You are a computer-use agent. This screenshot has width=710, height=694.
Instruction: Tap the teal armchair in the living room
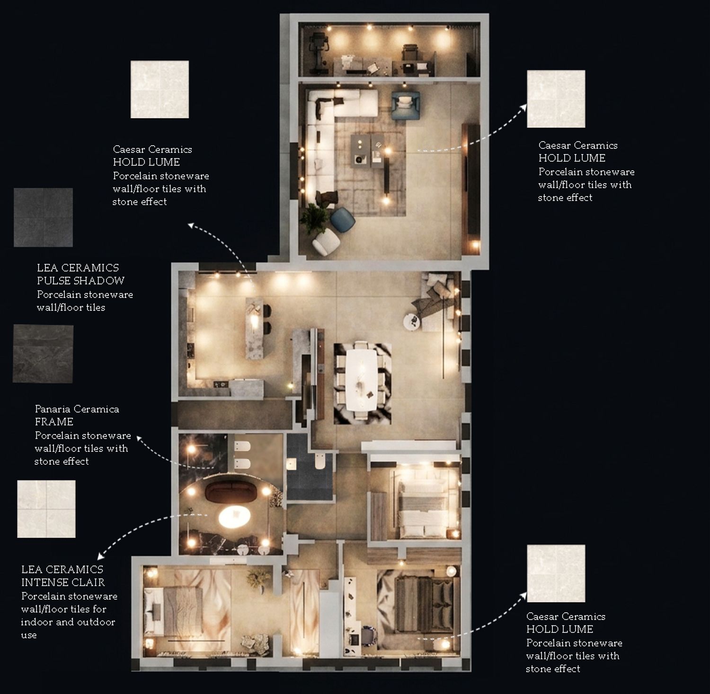pos(406,104)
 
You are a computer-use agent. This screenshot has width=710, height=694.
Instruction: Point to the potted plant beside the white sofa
pos(313,217)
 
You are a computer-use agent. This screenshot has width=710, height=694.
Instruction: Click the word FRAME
pos(54,422)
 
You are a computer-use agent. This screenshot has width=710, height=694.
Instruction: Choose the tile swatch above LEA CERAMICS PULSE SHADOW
pos(43,217)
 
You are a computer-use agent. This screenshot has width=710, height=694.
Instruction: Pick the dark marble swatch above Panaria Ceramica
pos(43,354)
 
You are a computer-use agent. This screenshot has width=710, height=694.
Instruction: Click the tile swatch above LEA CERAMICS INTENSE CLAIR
pos(46,509)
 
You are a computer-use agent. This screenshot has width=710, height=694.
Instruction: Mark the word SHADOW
pos(103,280)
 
